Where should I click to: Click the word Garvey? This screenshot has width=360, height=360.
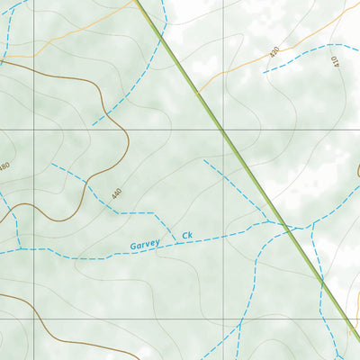click(144, 244)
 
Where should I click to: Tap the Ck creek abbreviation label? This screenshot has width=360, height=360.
click(187, 236)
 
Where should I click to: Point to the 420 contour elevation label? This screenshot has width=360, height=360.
click(274, 53)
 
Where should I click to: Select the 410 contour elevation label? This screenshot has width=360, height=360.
click(335, 63)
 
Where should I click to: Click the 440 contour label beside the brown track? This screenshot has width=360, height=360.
click(115, 193)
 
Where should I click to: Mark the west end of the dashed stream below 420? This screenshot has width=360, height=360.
click(265, 71)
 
